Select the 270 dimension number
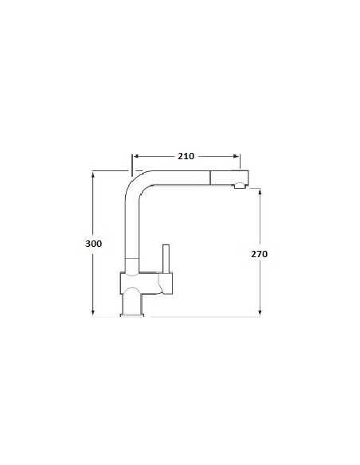(x=259, y=255)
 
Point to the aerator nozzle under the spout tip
(x=237, y=187)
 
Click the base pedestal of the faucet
(x=133, y=303)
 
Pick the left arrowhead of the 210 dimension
(x=136, y=156)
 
